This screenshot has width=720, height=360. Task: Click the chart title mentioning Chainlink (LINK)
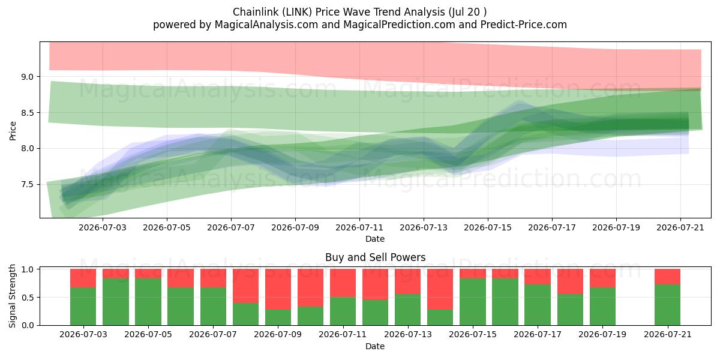click(359, 12)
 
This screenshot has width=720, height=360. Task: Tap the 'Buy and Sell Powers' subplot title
click(375, 257)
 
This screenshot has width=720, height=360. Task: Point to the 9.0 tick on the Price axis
click(28, 77)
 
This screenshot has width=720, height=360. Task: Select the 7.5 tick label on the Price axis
click(28, 185)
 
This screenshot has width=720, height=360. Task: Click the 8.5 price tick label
click(28, 113)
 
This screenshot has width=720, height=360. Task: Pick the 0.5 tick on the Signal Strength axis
click(28, 298)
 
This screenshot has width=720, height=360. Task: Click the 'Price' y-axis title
click(13, 131)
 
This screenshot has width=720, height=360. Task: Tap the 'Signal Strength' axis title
click(12, 296)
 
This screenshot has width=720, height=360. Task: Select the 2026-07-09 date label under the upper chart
click(295, 227)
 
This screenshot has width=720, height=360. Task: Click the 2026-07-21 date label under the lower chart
click(668, 335)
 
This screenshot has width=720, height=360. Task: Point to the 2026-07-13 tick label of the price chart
click(424, 227)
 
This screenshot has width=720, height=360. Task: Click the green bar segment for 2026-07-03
click(83, 307)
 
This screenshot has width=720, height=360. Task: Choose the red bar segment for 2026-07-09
click(278, 289)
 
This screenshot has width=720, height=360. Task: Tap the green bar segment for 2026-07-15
click(473, 302)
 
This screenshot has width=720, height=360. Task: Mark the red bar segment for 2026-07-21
click(668, 277)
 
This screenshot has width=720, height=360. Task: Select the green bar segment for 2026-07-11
click(343, 311)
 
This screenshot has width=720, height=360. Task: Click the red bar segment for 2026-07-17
click(538, 277)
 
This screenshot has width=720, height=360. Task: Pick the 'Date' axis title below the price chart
click(375, 239)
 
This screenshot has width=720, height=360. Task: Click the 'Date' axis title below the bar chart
click(375, 347)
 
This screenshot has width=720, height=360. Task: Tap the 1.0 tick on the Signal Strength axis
click(28, 269)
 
